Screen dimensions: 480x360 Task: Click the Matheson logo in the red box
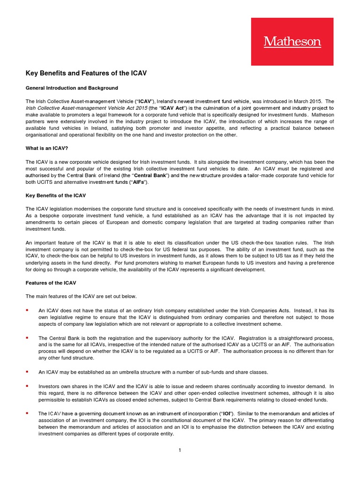[292, 42]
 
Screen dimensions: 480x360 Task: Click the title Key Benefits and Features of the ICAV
[87, 74]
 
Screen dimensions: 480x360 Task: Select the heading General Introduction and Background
[72, 88]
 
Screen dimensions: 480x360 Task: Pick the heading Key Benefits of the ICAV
[56, 195]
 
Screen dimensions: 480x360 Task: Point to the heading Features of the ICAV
[51, 283]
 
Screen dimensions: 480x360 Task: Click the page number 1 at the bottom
[180, 450]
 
